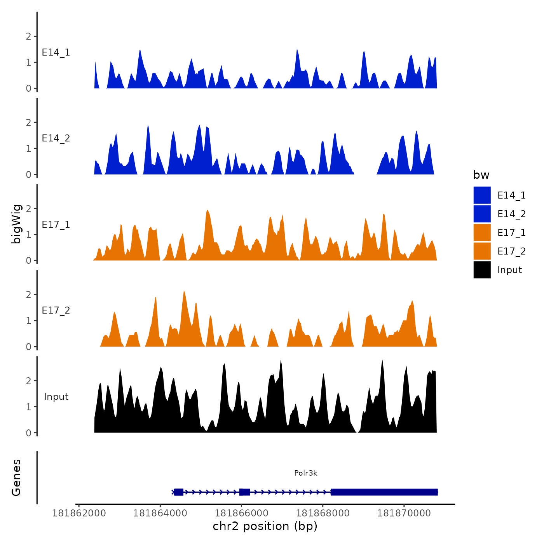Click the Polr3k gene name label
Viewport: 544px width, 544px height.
coord(305,473)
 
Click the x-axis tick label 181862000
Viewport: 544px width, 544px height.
coord(79,513)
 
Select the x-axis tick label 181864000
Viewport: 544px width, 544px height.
coord(160,513)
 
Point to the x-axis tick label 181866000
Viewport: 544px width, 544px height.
coord(241,513)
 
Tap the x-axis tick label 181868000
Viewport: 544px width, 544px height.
coord(323,513)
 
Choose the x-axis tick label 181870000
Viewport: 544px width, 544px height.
coord(404,513)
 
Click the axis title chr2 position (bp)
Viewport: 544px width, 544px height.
coord(265,526)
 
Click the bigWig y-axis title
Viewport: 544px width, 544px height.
coord(16,224)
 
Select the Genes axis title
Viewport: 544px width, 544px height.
coord(16,478)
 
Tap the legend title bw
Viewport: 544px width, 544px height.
coord(481,175)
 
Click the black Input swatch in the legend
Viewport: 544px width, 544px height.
coord(482,270)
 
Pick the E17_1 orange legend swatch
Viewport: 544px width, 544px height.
coord(482,232)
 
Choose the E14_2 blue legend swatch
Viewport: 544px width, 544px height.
coord(482,214)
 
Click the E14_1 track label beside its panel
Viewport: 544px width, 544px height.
coord(56,52)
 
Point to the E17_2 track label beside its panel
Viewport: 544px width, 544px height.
coord(56,310)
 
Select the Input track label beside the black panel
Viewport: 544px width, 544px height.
coord(56,397)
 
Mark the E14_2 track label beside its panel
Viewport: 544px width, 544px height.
coord(56,138)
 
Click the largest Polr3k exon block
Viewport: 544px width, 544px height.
coord(384,492)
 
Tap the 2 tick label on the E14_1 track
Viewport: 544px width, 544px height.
coord(28,37)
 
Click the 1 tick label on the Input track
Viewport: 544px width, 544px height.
coord(28,407)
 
